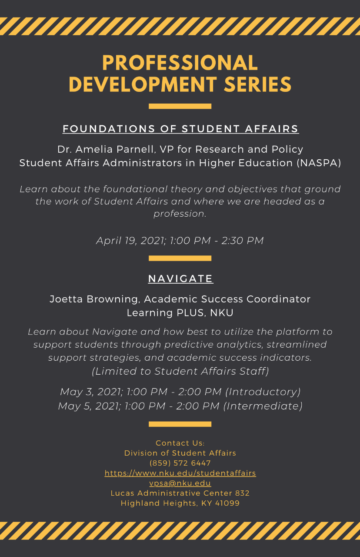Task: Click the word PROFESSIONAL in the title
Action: point(180,63)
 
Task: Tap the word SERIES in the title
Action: point(258,84)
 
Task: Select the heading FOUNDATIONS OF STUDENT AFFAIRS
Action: point(180,129)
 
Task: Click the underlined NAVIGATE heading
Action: point(180,278)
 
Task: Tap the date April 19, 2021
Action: point(131,241)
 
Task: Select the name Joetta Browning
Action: point(95,299)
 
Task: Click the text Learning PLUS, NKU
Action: point(180,313)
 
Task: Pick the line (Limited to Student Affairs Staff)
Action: point(180,371)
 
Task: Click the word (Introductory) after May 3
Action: point(263,392)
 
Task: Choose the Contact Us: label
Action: point(180,443)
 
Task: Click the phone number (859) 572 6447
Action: point(180,463)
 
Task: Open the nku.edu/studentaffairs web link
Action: point(180,473)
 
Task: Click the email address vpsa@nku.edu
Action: point(180,483)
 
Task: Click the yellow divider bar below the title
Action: point(180,106)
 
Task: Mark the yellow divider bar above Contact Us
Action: point(180,424)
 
